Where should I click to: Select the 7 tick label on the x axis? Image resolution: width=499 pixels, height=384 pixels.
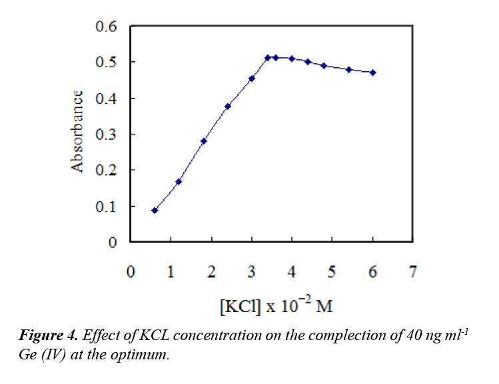(413, 272)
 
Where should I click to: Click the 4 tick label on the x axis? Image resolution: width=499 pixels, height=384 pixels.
(292, 272)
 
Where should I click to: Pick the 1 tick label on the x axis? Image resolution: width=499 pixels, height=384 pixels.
(171, 272)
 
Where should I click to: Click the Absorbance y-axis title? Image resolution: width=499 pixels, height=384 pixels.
(77, 132)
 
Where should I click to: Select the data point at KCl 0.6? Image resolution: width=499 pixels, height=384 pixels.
(155, 210)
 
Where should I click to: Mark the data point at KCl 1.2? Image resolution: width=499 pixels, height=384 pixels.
(179, 182)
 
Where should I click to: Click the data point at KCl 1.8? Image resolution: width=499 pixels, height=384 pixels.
(203, 141)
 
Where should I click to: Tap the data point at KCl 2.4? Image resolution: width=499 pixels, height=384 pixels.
(228, 106)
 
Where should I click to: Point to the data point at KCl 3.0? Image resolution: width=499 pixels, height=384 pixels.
(252, 79)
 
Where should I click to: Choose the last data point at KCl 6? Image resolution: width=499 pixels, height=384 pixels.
(373, 73)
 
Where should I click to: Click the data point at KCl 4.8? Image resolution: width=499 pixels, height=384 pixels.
(324, 66)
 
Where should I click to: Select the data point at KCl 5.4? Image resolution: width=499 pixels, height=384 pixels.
(348, 69)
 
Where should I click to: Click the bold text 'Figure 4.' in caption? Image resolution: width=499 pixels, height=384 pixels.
(45, 335)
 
